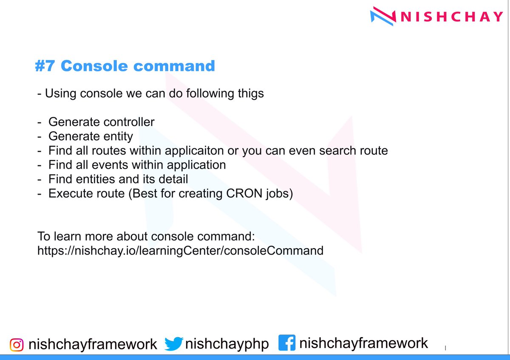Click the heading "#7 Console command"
[125, 66]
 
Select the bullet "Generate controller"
[101, 122]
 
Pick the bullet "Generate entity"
[91, 136]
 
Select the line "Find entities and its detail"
[118, 179]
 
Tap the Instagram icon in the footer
[17, 344]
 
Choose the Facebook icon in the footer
[287, 343]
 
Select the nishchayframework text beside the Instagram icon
[93, 344]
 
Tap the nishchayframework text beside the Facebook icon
[363, 343]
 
